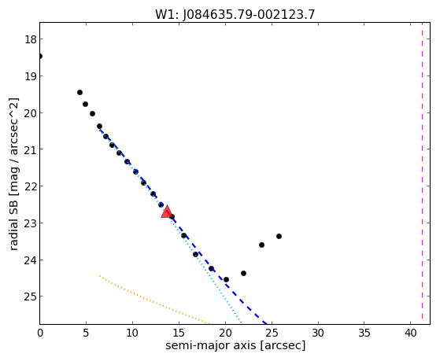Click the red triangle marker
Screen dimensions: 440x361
[167, 212]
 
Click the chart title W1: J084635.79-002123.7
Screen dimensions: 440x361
[235, 14]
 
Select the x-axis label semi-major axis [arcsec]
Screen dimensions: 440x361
[235, 345]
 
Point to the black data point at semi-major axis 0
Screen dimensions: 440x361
[40, 56]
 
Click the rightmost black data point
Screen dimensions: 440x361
[279, 236]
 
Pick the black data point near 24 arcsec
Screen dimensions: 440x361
[261, 245]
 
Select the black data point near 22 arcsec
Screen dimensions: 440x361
[243, 273]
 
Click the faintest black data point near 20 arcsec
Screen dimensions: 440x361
[226, 279]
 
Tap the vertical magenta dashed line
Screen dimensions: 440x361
[422, 173]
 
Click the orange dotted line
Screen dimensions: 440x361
[154, 300]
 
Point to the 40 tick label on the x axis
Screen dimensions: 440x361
[411, 333]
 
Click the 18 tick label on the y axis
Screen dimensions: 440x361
[31, 39]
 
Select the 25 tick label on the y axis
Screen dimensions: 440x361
[31, 296]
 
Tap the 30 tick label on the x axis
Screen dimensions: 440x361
[318, 333]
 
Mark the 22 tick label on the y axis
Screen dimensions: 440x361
[31, 186]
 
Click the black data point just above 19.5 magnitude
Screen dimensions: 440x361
[79, 92]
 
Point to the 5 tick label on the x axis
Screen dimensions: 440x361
[86, 333]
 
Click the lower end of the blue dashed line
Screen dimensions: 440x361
[266, 324]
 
